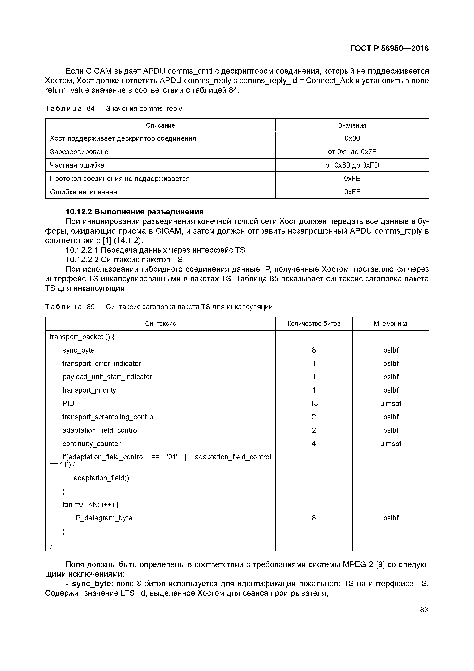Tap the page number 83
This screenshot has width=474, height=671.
[424, 610]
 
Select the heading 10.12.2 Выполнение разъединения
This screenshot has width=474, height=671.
[134, 212]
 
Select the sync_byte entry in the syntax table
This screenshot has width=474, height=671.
[78, 350]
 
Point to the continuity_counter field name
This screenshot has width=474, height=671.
[91, 444]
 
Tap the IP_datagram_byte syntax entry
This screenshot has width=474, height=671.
[103, 518]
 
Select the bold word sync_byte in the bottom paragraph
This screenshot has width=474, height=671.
[91, 584]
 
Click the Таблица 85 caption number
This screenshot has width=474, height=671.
[91, 307]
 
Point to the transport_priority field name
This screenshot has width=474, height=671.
[89, 390]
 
